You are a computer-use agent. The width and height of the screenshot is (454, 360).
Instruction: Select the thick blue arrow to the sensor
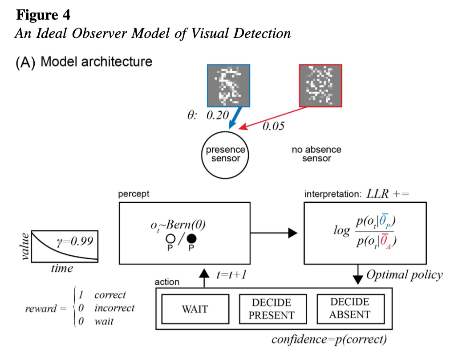235,117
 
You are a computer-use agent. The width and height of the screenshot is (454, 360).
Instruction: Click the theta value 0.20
217,115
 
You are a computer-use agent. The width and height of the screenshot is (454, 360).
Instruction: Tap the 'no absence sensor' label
316,154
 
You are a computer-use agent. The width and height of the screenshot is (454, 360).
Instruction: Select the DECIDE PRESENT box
273,309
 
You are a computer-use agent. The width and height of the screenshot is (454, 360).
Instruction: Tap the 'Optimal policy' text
404,274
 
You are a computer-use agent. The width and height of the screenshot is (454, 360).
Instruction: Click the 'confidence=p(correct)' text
329,340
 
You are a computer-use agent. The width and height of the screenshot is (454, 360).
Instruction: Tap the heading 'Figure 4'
43,15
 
